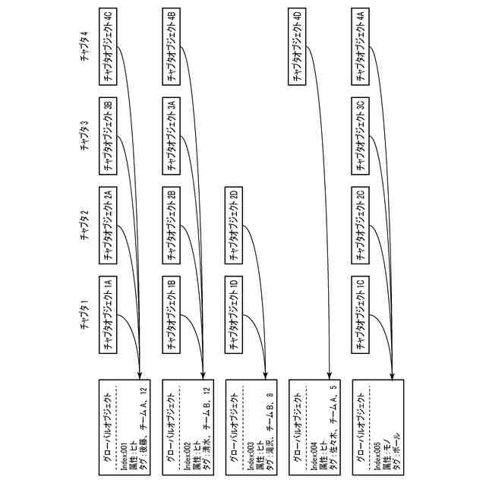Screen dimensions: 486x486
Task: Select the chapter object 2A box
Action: point(109,226)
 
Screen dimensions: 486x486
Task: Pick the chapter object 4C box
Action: point(109,47)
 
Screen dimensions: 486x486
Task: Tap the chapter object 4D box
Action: point(298,47)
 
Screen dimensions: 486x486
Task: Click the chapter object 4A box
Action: point(361,47)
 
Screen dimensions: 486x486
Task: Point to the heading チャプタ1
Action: point(86,318)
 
